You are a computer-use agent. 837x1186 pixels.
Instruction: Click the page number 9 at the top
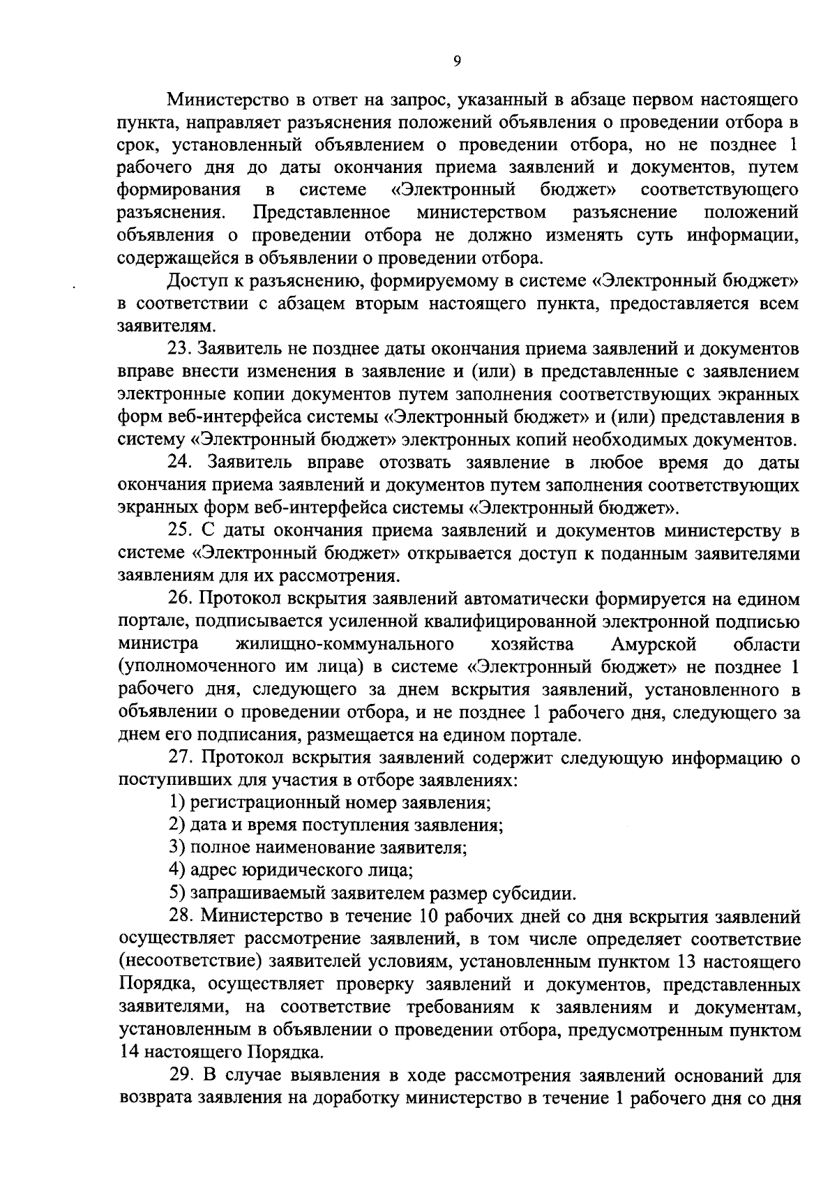[457, 61]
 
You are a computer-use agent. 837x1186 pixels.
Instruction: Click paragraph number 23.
[180, 347]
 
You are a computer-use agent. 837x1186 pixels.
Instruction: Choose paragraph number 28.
[180, 917]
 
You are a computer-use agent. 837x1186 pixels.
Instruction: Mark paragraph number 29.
[180, 1076]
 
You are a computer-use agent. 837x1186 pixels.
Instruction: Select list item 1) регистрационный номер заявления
[331, 803]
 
